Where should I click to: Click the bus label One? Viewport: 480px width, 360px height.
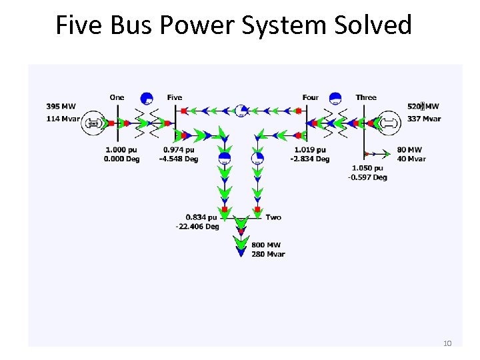click(x=117, y=97)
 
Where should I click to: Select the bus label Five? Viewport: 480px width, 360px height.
click(x=175, y=97)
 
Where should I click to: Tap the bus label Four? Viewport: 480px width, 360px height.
click(x=311, y=97)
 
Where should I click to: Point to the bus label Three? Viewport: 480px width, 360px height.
click(x=366, y=97)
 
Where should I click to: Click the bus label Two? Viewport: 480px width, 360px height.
click(x=273, y=217)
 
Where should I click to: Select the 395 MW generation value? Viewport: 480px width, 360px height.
click(x=61, y=107)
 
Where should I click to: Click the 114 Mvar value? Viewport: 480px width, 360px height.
click(x=63, y=119)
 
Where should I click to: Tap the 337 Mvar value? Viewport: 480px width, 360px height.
click(x=424, y=119)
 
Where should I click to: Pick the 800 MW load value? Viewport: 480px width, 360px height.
click(x=266, y=245)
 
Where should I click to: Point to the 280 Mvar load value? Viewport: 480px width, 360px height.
click(x=268, y=254)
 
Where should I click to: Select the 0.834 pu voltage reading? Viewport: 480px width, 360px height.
click(x=203, y=217)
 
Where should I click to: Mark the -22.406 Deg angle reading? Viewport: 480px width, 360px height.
click(x=197, y=227)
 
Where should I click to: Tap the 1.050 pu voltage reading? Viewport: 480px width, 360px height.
click(x=367, y=169)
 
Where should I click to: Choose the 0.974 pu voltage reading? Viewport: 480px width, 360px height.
click(x=179, y=150)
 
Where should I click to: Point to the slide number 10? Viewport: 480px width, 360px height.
click(x=447, y=343)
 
